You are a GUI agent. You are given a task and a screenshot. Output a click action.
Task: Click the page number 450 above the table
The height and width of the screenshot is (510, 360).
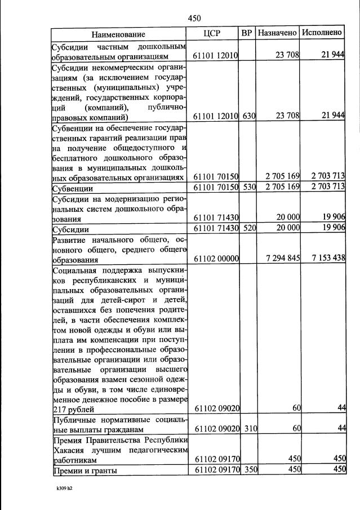(x=194, y=18)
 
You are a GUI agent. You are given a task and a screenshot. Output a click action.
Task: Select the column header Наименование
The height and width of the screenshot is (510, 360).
(x=118, y=33)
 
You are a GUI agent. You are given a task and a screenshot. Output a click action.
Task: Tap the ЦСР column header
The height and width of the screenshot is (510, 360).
(x=216, y=33)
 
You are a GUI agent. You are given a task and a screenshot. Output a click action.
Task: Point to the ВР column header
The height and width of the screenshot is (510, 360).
(x=247, y=33)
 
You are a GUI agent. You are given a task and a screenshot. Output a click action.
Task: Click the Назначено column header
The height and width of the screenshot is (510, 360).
(x=277, y=33)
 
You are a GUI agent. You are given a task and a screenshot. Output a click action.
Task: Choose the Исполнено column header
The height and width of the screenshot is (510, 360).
(x=322, y=33)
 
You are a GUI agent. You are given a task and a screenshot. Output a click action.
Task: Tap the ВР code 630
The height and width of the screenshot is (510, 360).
(x=249, y=117)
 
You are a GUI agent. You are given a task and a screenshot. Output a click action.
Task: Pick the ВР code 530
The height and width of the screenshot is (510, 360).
(x=249, y=187)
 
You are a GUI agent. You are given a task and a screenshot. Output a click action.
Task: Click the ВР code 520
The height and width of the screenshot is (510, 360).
(x=249, y=228)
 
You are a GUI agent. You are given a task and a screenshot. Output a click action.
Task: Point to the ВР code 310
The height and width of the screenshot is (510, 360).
(x=249, y=429)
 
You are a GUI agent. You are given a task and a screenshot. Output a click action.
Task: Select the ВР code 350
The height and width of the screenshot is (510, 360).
(x=249, y=470)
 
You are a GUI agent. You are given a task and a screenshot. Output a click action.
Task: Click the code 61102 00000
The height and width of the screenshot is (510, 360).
(x=216, y=259)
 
